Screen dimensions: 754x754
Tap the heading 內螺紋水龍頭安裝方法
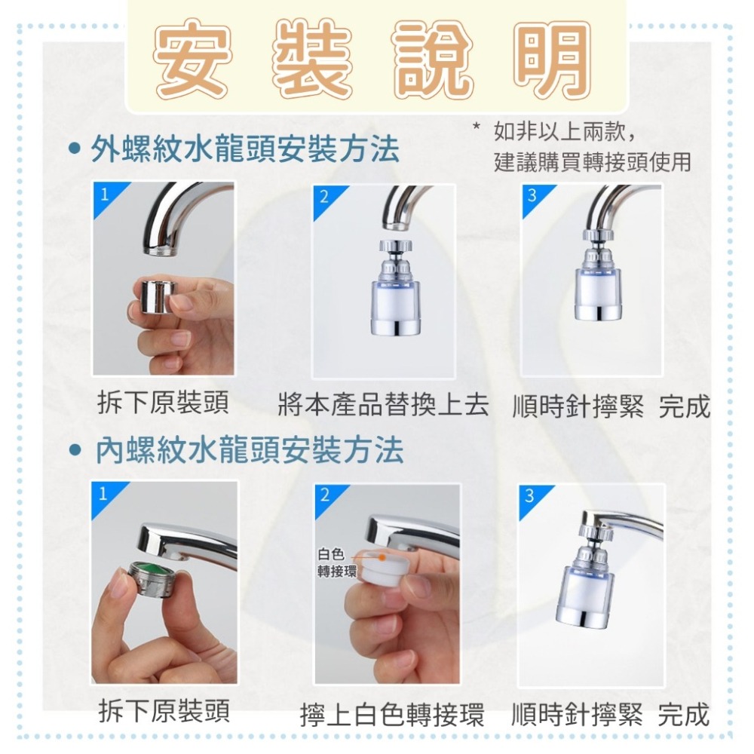(248, 450)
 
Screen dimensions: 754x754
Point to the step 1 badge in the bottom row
(103, 494)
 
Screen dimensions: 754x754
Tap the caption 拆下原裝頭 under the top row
(164, 404)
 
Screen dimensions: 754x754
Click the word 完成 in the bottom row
(683, 713)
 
